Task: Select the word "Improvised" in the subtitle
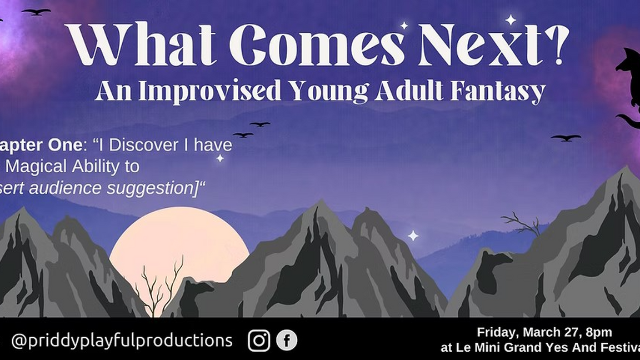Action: pyautogui.click(x=209, y=91)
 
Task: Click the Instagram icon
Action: pyautogui.click(x=259, y=340)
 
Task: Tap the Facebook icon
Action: pyautogui.click(x=287, y=340)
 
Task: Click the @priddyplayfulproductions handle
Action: pyautogui.click(x=122, y=340)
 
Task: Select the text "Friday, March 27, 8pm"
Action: pyautogui.click(x=544, y=332)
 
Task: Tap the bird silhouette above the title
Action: pyautogui.click(x=36, y=11)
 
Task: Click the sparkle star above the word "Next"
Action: pyautogui.click(x=510, y=20)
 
